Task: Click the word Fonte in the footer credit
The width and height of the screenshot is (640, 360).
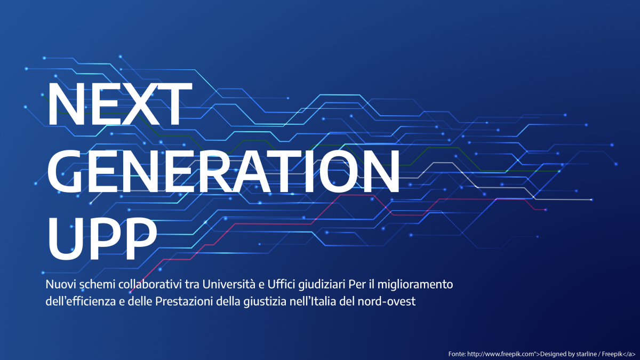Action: (457, 354)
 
